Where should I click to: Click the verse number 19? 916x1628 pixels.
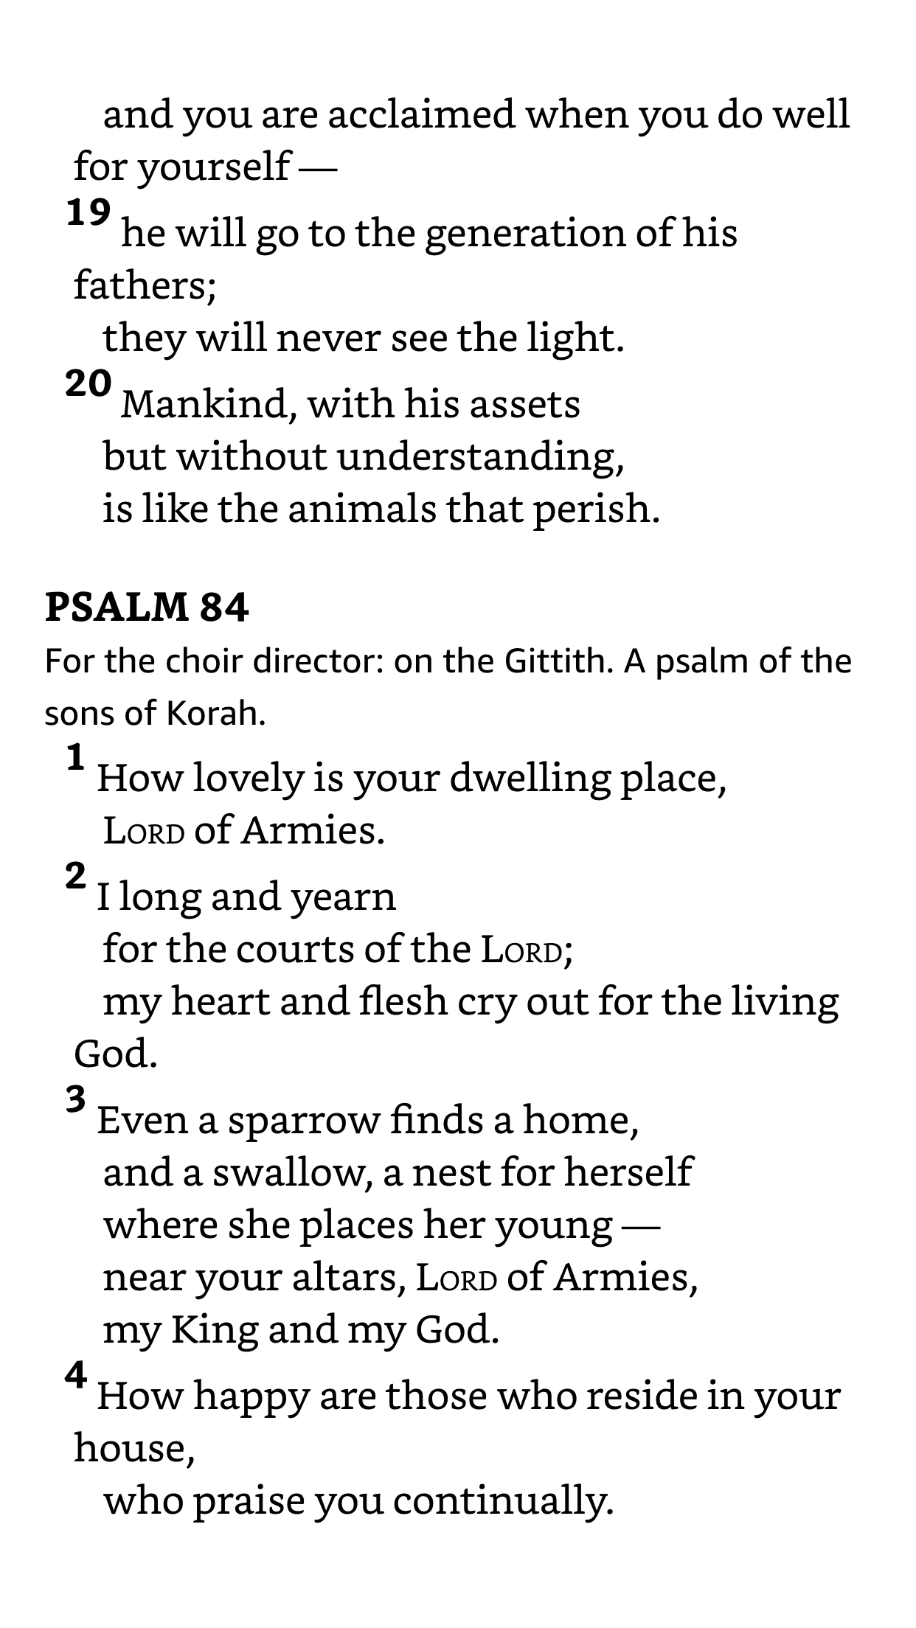point(89,214)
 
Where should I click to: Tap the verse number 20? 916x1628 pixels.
point(89,384)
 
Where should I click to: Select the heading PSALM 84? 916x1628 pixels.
point(147,608)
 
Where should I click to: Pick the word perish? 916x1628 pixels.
point(596,509)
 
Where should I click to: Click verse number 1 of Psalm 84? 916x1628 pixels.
point(76,758)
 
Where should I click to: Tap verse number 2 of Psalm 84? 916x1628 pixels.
point(76,876)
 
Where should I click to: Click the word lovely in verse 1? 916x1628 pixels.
point(249,779)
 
